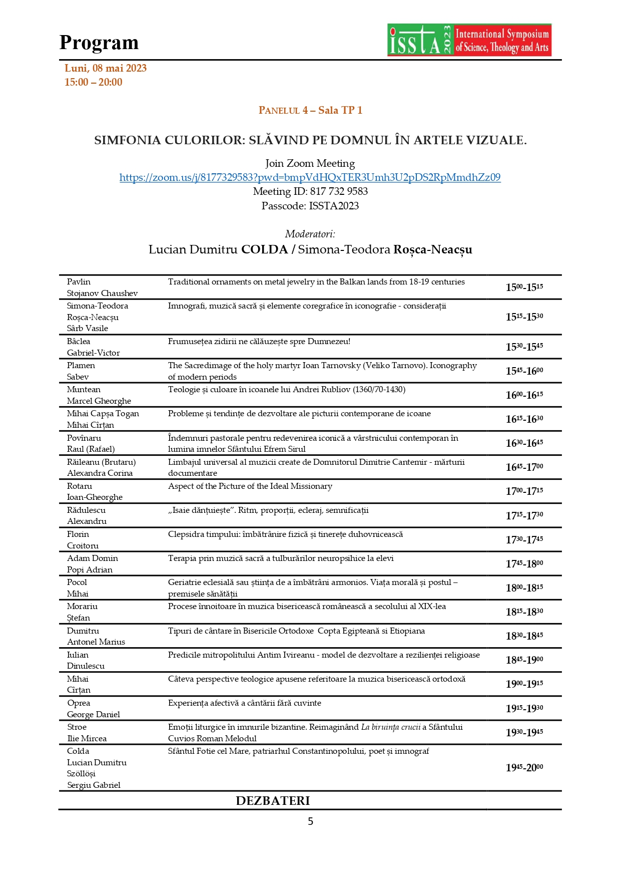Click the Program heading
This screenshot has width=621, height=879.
click(99, 43)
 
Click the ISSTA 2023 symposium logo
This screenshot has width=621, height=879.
click(469, 40)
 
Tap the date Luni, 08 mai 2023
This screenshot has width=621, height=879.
click(106, 68)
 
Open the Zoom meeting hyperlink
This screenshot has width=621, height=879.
click(310, 177)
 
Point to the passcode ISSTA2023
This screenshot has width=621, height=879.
click(310, 206)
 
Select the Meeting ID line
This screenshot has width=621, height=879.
click(310, 191)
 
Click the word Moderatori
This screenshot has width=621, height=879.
click(310, 234)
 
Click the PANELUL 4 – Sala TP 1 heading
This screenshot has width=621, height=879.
click(310, 110)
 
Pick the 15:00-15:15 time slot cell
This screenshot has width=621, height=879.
click(524, 287)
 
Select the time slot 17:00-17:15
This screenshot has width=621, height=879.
click(524, 491)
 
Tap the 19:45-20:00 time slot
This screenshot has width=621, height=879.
click(524, 767)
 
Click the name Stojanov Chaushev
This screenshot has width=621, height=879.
click(102, 294)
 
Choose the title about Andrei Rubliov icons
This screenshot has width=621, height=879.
click(286, 390)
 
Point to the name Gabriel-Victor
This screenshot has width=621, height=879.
click(93, 353)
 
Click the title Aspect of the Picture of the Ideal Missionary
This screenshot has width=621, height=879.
click(250, 486)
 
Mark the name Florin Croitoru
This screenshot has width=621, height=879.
click(83, 540)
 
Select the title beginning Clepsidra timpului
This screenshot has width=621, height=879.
click(285, 534)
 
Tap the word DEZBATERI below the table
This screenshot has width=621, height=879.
click(273, 800)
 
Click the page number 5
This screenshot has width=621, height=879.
click(310, 821)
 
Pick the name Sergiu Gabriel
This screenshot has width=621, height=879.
click(94, 785)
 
